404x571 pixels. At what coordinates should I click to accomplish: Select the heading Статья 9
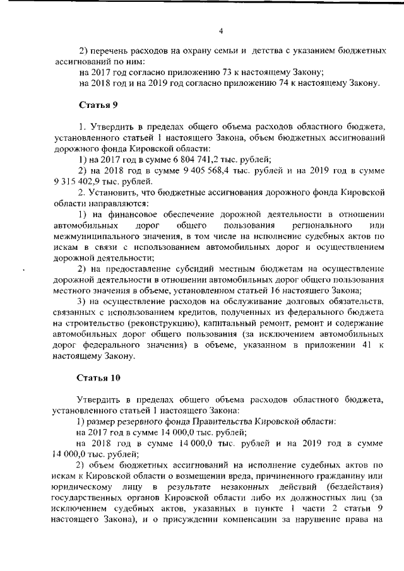(x=98, y=103)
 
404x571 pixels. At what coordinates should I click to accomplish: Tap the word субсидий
(x=207, y=269)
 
